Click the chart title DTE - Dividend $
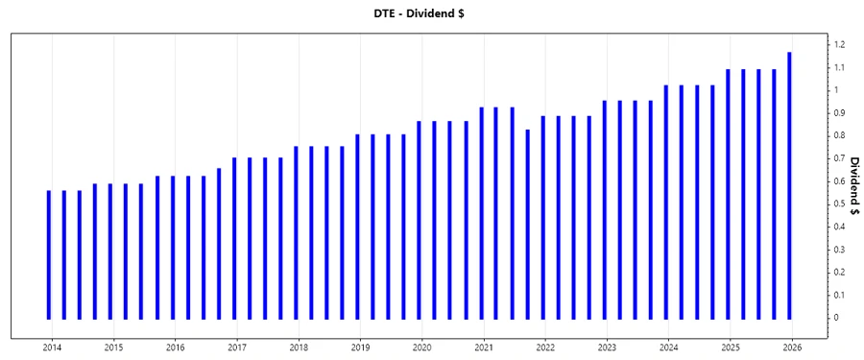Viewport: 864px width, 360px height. coord(432,12)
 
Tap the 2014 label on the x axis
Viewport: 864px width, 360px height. coord(52,348)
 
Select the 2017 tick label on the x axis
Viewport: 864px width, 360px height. coord(237,348)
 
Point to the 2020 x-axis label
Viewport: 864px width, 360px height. coord(422,348)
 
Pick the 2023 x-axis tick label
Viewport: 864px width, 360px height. coord(608,348)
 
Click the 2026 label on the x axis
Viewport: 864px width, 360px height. coord(792,348)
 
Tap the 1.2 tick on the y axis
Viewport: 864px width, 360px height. coord(839,45)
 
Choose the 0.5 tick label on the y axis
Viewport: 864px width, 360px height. coord(839,204)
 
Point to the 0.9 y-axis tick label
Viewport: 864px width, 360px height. coord(839,113)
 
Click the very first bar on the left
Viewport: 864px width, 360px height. coord(49,254)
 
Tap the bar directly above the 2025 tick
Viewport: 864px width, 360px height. coord(728,193)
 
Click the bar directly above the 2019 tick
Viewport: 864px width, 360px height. coord(357,226)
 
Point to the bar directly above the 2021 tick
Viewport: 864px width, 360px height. coord(481,212)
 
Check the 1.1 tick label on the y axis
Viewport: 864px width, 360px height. coord(839,68)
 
